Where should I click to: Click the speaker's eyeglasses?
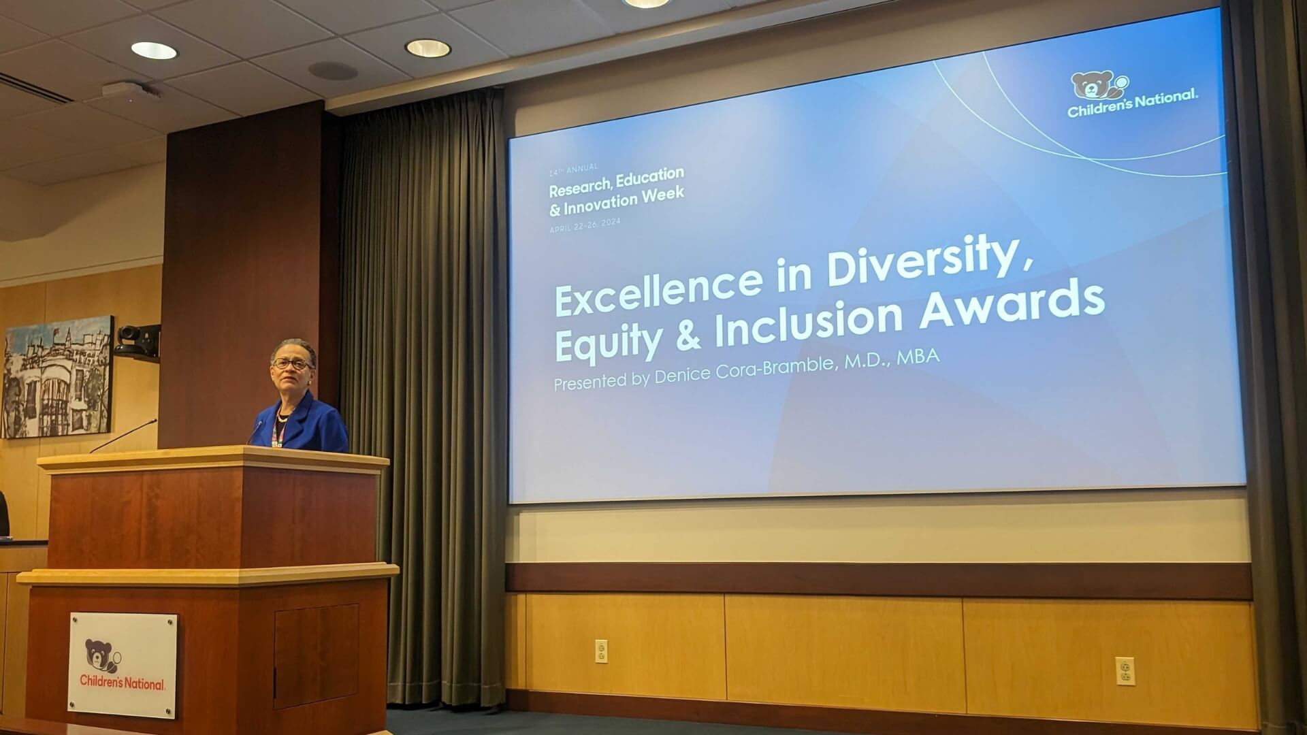click(x=292, y=363)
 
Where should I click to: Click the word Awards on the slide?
click(x=1012, y=306)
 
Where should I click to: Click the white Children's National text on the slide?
click(x=1133, y=103)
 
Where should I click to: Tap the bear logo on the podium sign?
click(x=103, y=656)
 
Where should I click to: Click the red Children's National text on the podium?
click(x=123, y=681)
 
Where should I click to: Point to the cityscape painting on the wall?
click(x=57, y=376)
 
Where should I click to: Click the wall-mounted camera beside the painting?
click(x=138, y=341)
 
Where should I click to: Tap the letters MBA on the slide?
click(x=918, y=357)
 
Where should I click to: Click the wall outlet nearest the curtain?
click(x=601, y=651)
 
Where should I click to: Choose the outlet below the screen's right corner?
click(x=1125, y=671)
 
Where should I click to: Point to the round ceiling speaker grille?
click(x=333, y=71)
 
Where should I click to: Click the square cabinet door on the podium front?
click(x=316, y=655)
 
